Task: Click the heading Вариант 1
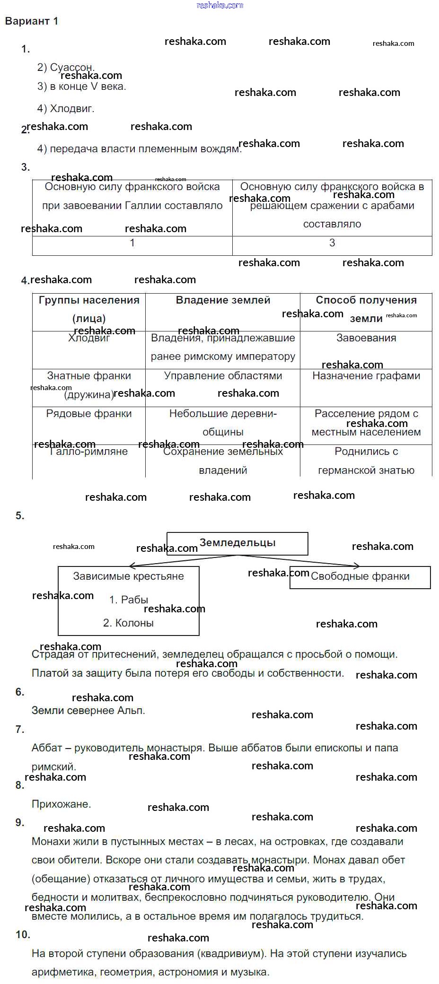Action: coord(31,21)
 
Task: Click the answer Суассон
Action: coord(66,67)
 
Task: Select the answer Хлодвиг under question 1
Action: coord(66,109)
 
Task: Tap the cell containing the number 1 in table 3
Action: coord(132,243)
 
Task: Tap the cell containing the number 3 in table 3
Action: coord(332,243)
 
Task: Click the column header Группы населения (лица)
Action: coord(89,309)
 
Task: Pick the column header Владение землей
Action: coord(223,300)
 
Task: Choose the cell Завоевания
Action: coord(366,338)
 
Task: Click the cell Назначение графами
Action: coord(366,376)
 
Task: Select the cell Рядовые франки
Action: coord(89,414)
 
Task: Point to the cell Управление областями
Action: coord(223,376)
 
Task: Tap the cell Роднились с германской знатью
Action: coord(366,461)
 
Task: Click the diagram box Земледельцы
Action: coord(237,543)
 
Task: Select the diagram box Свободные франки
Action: coord(360,576)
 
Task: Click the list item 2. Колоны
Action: coord(128,623)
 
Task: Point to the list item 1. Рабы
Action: coord(128,600)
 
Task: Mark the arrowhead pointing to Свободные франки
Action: coord(357,566)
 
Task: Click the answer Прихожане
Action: coord(61,804)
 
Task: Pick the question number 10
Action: coord(23,935)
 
